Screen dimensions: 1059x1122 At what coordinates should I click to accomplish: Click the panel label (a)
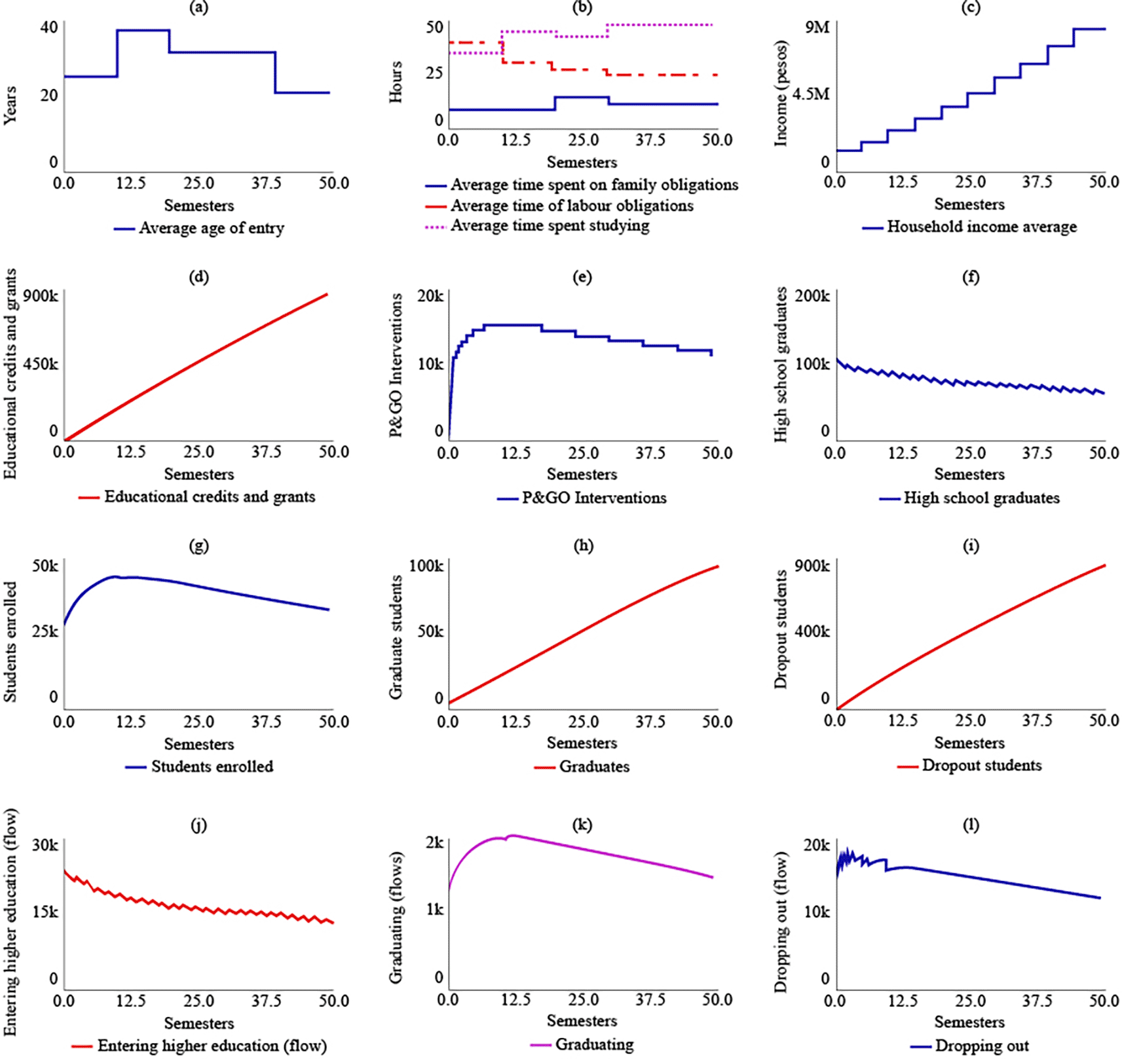tap(198, 8)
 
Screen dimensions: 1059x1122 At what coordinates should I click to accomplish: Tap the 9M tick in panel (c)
tap(817, 27)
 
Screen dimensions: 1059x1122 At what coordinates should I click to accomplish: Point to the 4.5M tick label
tap(811, 94)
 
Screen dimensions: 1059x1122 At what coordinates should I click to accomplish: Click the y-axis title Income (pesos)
tap(781, 94)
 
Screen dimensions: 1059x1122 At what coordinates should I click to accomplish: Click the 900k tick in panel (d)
tap(41, 296)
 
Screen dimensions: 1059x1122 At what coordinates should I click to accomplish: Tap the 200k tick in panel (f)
tap(812, 296)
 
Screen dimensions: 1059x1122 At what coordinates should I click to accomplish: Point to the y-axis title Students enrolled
tap(10, 642)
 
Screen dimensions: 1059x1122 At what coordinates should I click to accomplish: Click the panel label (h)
tap(582, 546)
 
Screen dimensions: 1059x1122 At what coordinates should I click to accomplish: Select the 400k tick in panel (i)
tap(812, 631)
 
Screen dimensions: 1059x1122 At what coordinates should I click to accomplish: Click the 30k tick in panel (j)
tap(45, 845)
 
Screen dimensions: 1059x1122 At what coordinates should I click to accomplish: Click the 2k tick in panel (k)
tap(435, 842)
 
